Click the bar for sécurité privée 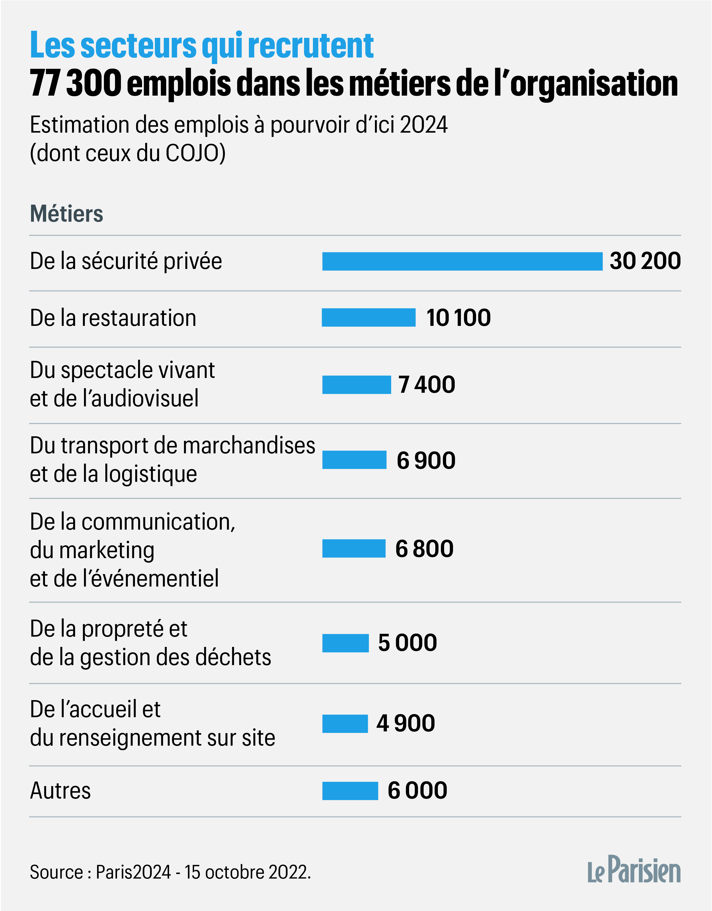462,262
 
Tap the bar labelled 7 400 356,384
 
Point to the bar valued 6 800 354,548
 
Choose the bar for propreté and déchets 346,643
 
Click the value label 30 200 645,261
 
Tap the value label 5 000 407,643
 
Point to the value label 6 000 417,790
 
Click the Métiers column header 66,214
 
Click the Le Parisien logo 634,870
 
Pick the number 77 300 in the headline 75,83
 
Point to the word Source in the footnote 56,872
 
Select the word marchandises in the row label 249,445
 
